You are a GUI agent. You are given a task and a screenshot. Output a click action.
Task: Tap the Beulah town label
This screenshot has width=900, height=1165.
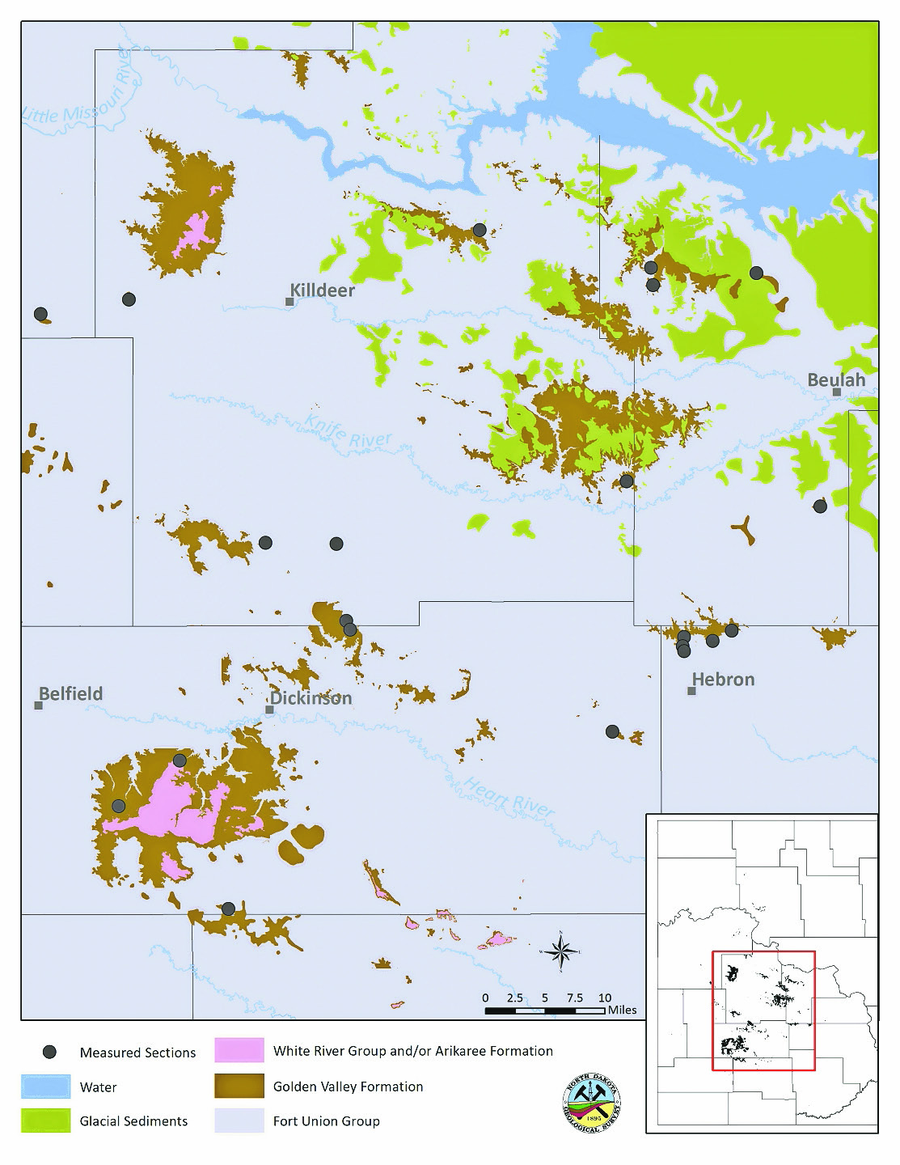tap(836, 379)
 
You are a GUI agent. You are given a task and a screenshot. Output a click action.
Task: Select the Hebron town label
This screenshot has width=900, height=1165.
tap(723, 680)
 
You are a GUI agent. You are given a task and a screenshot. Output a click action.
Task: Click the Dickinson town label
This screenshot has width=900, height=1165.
tap(311, 698)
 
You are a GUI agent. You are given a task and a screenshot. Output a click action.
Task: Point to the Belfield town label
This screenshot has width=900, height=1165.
tap(71, 693)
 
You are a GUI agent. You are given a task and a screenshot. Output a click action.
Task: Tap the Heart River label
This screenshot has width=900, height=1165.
tap(509, 796)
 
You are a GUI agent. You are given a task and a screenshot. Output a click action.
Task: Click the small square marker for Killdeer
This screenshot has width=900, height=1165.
tap(289, 302)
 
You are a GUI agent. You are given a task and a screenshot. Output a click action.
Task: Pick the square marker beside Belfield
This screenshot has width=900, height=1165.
tap(38, 705)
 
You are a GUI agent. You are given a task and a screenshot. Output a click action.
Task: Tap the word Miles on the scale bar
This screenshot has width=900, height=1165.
tap(622, 1010)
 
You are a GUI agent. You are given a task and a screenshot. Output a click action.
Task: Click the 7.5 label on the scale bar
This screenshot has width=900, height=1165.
tap(575, 998)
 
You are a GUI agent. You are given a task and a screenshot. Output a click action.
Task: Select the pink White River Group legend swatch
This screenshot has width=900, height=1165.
tap(239, 1050)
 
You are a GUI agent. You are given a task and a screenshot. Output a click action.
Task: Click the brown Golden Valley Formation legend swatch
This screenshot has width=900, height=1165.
tap(239, 1086)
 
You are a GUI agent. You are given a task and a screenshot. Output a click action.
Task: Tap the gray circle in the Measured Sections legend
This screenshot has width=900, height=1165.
tap(50, 1052)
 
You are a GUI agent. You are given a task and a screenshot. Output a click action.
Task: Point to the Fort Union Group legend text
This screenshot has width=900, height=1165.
tap(326, 1121)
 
